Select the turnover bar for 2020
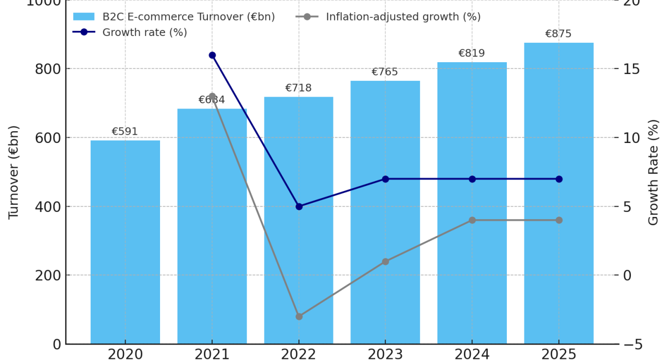tap(125, 242)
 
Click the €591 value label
tap(125, 132)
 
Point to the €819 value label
tap(472, 53)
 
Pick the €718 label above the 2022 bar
tap(298, 88)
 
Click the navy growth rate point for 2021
tap(212, 55)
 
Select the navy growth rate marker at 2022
tap(299, 206)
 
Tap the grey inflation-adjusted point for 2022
tap(299, 316)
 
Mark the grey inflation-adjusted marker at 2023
tap(385, 261)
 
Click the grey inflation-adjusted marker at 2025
tap(559, 220)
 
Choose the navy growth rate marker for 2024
tap(472, 179)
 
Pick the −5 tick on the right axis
tap(631, 344)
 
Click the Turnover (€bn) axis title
tap(14, 172)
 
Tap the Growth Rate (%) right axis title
tap(654, 172)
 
